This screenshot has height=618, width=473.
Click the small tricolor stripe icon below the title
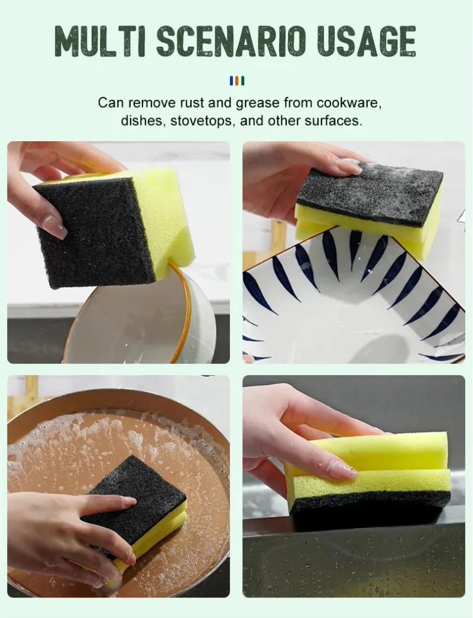[x=237, y=81]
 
